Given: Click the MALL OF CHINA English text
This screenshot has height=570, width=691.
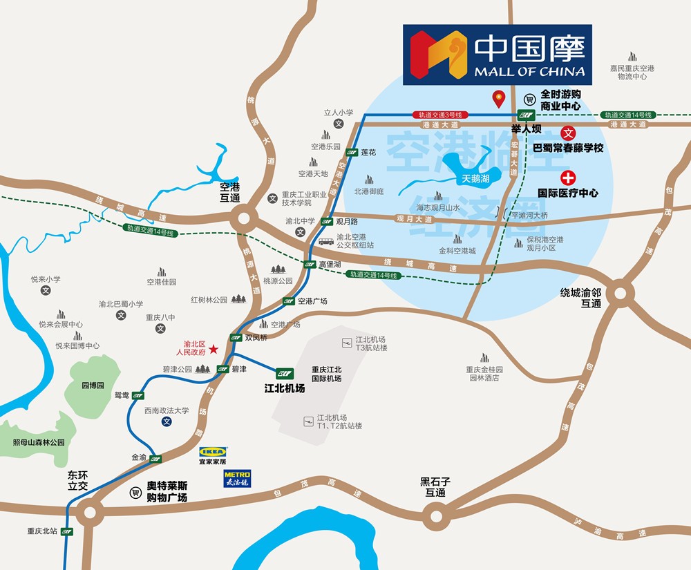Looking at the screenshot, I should coord(529,71).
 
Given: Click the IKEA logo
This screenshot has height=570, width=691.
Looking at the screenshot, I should coord(213,452).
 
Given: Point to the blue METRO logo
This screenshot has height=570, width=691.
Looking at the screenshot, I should coord(236,478).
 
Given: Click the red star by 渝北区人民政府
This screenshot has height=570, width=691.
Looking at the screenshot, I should coord(214,350).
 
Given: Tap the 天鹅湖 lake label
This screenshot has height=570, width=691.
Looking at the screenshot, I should coord(475,178).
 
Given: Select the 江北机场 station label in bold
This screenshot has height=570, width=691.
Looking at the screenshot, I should coord(285,388).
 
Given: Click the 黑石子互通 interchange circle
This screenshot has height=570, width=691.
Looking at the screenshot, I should coord(435,515).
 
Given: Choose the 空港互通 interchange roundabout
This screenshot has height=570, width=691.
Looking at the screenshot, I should coord(243,222).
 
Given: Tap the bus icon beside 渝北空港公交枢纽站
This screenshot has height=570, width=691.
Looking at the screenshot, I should coord(326,241).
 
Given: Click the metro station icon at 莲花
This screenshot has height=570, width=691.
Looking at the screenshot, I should coord(352,152).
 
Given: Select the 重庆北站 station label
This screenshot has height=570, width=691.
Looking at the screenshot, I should coord(41,531).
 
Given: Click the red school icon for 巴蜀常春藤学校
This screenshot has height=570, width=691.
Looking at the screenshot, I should coord(568,133).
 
